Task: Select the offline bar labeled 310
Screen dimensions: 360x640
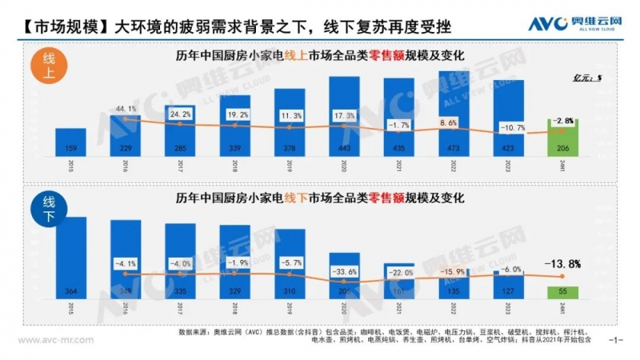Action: pyautogui.click(x=290, y=264)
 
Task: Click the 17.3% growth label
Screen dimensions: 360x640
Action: pyautogui.click(x=345, y=116)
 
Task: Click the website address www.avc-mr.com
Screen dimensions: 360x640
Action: pyautogui.click(x=54, y=339)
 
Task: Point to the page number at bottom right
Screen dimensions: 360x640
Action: pyautogui.click(x=616, y=339)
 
